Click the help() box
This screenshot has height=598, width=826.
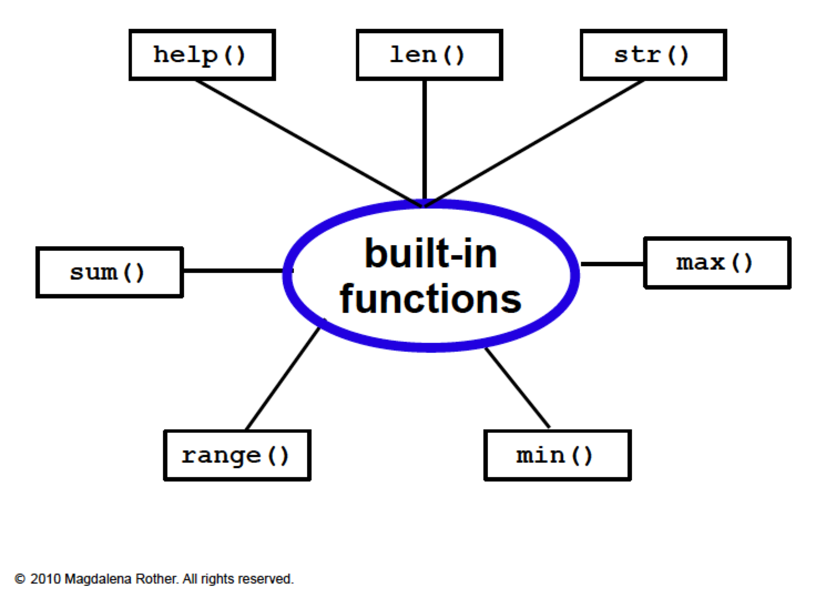202,55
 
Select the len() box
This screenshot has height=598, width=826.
429,55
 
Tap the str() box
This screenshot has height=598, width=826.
653,55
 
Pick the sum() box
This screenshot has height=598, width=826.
109,272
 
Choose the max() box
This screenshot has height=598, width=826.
717,263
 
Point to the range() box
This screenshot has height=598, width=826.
237,455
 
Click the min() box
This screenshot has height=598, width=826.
557,455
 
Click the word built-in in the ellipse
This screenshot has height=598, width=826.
431,254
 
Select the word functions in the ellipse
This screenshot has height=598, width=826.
431,299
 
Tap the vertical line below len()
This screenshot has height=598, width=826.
425,139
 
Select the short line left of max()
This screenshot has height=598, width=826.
613,264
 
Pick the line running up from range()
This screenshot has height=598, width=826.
283,378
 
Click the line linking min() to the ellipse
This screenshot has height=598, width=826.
517,388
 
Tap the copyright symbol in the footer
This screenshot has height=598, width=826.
20,579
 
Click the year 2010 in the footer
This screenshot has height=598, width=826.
45,579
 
